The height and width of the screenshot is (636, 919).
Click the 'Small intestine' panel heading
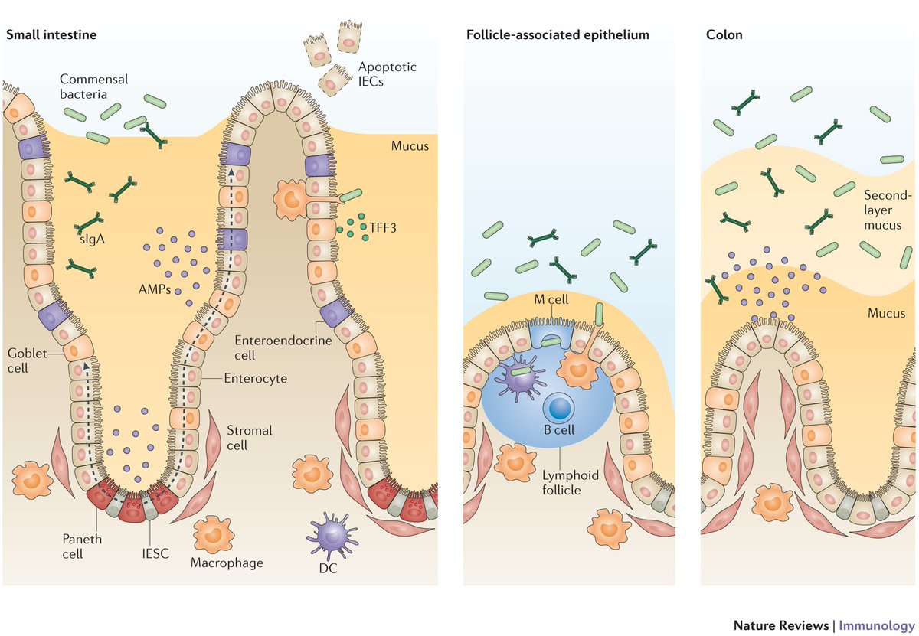point(51,34)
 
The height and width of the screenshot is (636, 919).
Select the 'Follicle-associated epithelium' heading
point(558,34)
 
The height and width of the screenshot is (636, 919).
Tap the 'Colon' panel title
point(724,34)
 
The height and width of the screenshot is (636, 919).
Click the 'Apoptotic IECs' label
point(387,73)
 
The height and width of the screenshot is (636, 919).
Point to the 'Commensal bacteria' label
point(94,86)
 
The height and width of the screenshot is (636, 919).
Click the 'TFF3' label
point(383,227)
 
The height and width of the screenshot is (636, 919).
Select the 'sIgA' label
point(92,239)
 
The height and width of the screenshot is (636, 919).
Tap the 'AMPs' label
point(155,289)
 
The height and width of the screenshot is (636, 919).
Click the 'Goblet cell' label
point(27,360)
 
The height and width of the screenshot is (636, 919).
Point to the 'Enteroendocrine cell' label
point(283,347)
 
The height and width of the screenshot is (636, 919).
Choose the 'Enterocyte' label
point(255,378)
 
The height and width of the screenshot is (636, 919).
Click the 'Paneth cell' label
point(82,546)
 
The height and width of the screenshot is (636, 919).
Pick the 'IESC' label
point(155,553)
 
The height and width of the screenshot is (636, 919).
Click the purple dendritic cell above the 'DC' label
point(332,535)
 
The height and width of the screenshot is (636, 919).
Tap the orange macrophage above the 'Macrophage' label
point(214,535)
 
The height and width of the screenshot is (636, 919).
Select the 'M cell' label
point(551,300)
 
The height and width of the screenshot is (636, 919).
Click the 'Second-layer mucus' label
point(887,210)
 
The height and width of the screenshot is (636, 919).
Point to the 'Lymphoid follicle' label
point(571,482)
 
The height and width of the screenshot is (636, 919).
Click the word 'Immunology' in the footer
point(877,625)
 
